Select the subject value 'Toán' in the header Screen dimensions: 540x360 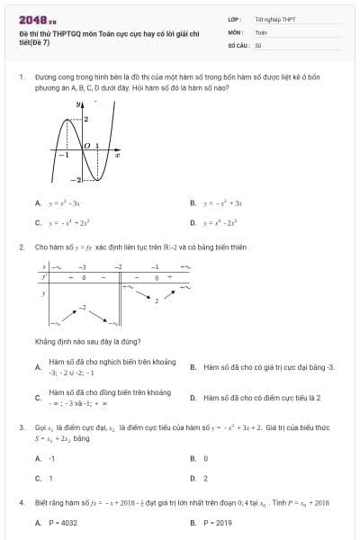[262, 31]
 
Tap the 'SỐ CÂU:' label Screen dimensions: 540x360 [238, 44]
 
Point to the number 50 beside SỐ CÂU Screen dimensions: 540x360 [258, 44]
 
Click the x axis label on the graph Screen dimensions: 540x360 [117, 155]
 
